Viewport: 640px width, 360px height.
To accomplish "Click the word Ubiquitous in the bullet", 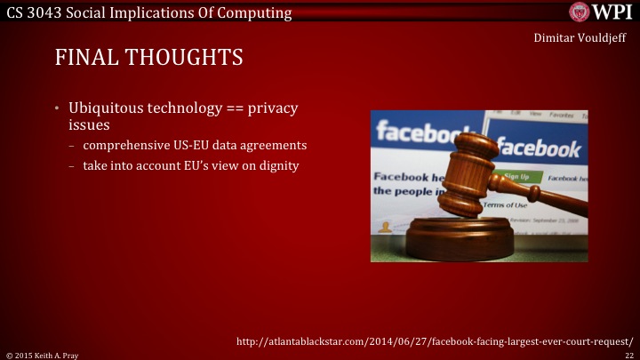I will click(104, 108).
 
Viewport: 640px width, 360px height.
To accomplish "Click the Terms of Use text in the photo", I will click(508, 205).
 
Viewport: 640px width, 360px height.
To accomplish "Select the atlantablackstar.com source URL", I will click(435, 340).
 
